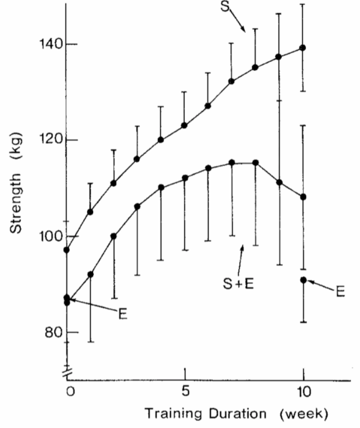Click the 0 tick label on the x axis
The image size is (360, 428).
[71, 392]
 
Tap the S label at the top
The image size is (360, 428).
[225, 8]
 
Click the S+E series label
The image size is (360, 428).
[239, 284]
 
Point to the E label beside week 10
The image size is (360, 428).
[340, 291]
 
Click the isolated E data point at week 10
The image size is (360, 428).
[304, 280]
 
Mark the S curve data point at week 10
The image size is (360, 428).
[303, 48]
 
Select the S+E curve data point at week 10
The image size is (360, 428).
[303, 196]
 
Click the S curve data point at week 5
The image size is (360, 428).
[184, 125]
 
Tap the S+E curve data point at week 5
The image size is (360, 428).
[184, 178]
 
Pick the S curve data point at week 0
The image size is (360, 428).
[66, 250]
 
